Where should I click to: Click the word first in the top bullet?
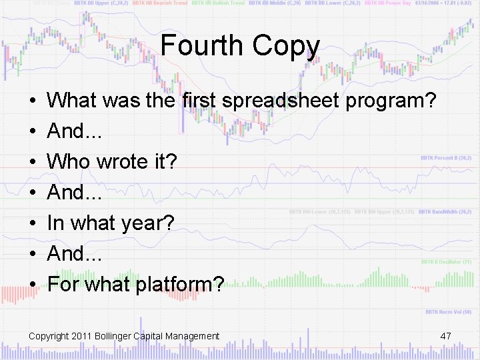point(199,101)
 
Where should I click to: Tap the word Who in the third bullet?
point(69,162)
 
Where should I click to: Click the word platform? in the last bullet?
point(179,285)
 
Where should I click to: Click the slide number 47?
point(446,336)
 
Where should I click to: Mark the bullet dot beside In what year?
point(33,223)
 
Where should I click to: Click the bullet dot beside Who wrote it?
point(33,162)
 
